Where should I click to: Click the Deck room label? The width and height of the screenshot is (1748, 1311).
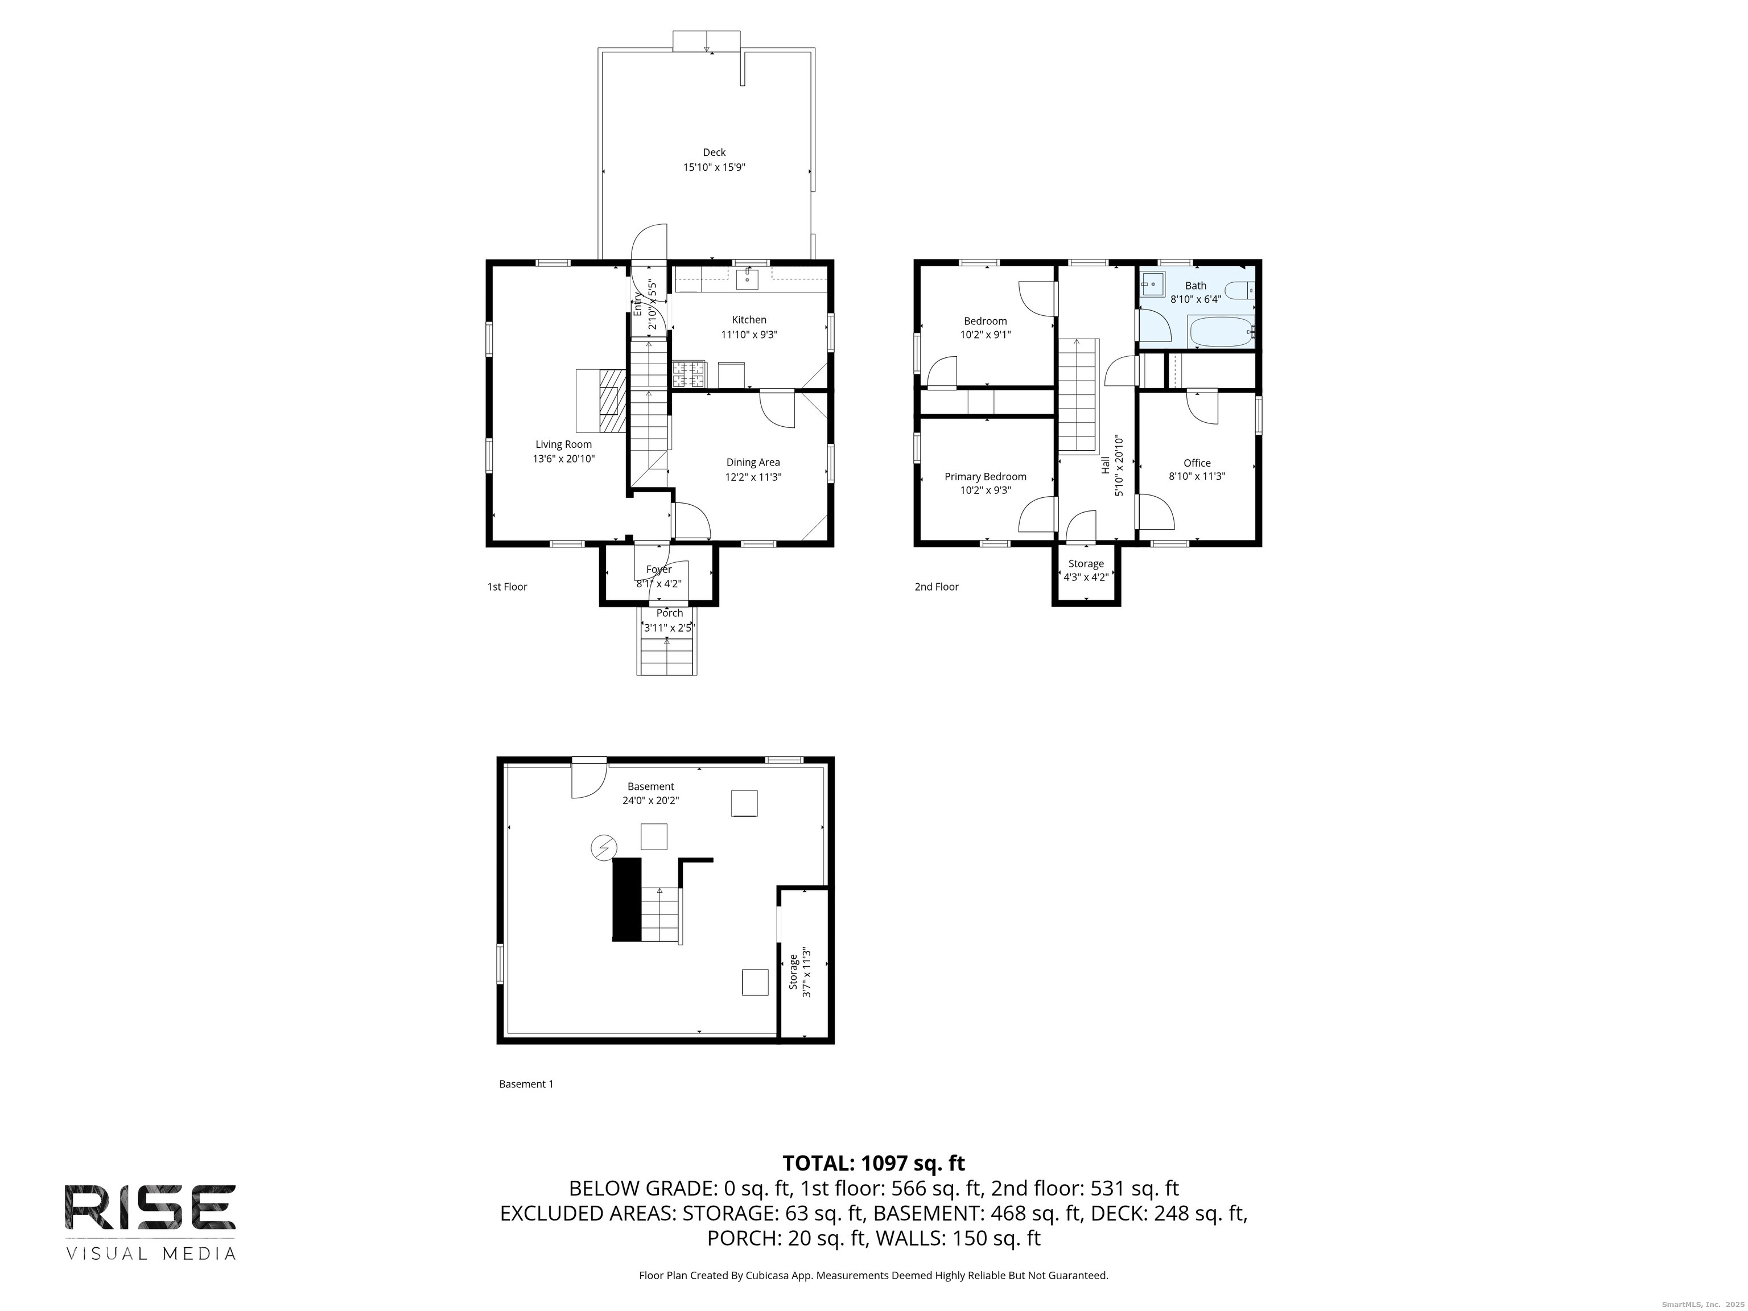[714, 152]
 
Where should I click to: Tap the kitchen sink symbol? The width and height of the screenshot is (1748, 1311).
[747, 279]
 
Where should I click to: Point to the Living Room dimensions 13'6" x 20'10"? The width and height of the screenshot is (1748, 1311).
[563, 458]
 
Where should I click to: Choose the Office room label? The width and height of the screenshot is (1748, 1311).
[1197, 463]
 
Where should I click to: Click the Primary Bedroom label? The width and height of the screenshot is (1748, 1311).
[984, 476]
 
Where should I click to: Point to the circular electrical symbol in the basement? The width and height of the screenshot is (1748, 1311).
[604, 848]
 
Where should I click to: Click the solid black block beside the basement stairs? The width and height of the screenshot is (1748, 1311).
[626, 899]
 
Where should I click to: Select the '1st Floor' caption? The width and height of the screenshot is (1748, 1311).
[506, 586]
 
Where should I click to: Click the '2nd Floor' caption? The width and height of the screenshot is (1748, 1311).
[937, 586]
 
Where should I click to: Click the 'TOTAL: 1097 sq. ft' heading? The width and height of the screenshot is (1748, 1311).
[873, 1163]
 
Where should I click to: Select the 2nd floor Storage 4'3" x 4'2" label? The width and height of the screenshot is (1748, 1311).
[1085, 570]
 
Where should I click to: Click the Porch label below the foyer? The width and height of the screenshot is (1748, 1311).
[669, 612]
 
